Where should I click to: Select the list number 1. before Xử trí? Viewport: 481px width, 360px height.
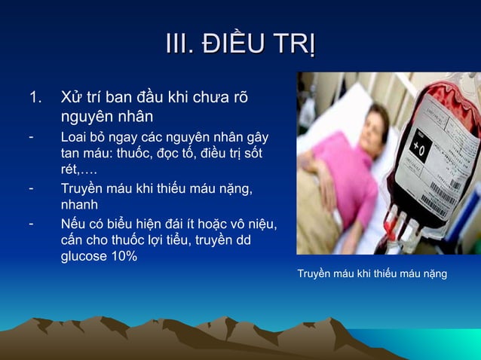coord(35,98)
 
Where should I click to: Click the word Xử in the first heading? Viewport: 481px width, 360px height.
coord(72,98)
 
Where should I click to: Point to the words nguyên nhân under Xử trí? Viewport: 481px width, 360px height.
coord(106,117)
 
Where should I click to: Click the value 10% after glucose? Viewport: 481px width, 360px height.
coord(124,256)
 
